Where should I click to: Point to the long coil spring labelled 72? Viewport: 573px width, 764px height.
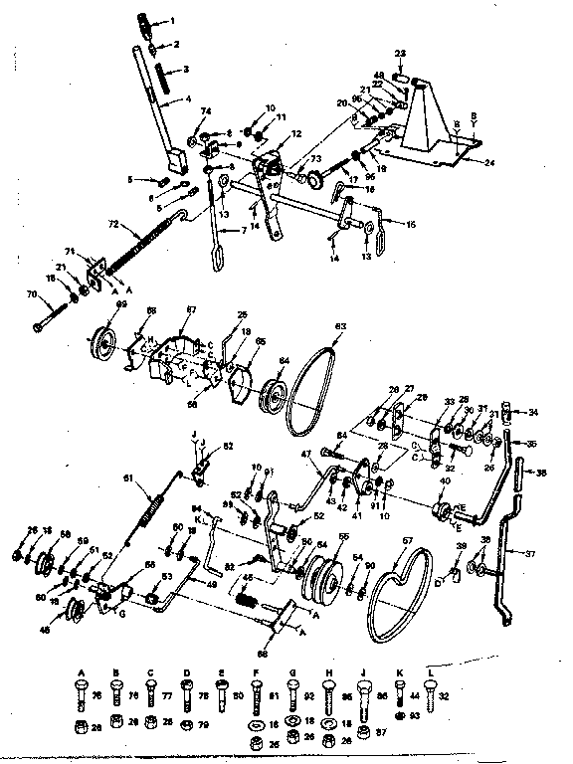(x=136, y=241)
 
